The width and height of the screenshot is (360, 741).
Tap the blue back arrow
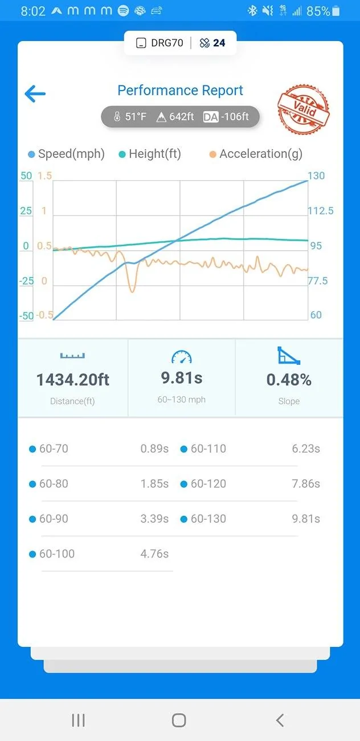coord(35,93)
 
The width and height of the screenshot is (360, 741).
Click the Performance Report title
coord(180,90)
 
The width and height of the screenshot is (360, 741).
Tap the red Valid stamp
coord(304,109)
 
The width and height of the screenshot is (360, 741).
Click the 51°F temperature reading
coord(130,116)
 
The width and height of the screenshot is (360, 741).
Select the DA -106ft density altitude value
coord(226,117)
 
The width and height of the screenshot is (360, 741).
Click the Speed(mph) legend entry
coord(67,154)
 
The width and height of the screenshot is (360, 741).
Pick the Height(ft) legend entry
coord(150,154)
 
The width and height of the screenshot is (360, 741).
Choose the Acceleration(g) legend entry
coord(256,154)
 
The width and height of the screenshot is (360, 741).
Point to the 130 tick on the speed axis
coord(316,176)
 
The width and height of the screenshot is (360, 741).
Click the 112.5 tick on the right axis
coord(321,211)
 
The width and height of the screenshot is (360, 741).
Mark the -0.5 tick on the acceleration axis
coord(44,315)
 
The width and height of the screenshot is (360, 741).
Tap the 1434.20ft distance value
coord(73,380)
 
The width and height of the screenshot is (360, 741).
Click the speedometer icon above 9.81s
coord(182,357)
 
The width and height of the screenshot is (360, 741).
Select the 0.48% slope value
coord(289,380)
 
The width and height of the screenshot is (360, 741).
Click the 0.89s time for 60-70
coord(154,449)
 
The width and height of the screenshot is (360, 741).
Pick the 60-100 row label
coord(57,554)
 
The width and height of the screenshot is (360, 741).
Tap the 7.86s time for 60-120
coord(306,483)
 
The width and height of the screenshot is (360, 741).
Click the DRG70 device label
coord(167,43)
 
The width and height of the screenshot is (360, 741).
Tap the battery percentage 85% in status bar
coord(318,11)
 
